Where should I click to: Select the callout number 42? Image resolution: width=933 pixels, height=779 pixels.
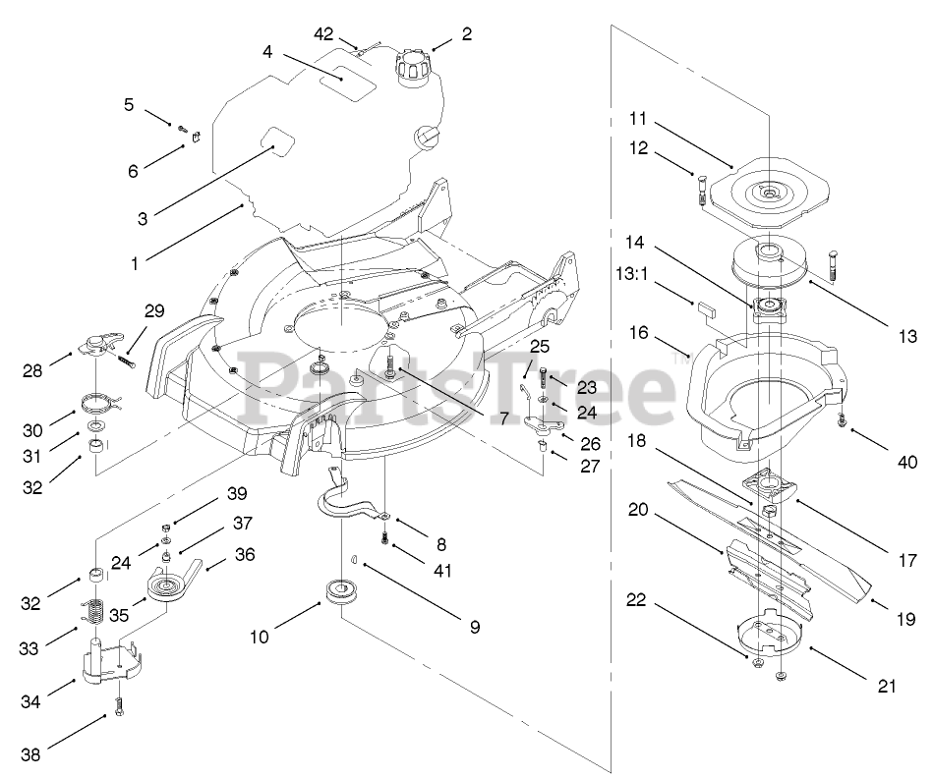coord(324,33)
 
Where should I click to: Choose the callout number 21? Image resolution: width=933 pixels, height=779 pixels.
coord(888,688)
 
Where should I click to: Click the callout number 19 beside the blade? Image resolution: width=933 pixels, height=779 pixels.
coord(905,619)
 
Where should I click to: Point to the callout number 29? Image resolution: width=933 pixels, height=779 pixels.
coord(153,310)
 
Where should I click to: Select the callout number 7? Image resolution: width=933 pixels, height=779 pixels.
coord(503,417)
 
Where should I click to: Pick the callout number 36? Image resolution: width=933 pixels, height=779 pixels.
coord(245,554)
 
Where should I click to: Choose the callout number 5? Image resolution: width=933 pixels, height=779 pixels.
coord(128,103)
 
